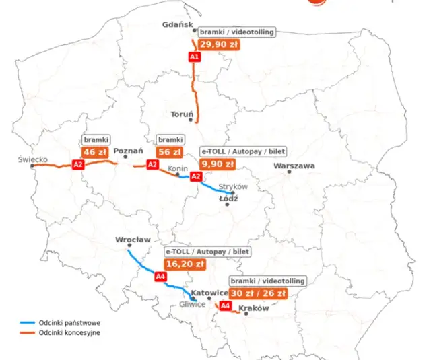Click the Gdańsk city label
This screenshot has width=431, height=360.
(178, 24)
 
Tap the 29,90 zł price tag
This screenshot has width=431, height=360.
(219, 45)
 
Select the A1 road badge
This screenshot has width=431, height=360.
(195, 57)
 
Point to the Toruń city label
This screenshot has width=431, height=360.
(182, 114)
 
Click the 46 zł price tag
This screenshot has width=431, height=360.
(95, 152)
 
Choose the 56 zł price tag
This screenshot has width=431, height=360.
(169, 152)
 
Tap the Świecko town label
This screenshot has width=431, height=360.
(33, 159)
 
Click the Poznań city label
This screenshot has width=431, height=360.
(128, 151)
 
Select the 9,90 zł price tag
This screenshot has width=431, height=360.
(218, 164)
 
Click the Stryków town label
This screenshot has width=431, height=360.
(235, 186)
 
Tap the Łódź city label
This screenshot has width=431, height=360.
(229, 199)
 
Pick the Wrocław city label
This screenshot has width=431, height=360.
(133, 240)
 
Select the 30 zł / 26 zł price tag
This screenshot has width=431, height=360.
(258, 293)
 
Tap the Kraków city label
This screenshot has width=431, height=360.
(254, 308)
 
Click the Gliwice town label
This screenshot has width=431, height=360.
(192, 304)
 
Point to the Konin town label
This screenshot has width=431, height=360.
(178, 168)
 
